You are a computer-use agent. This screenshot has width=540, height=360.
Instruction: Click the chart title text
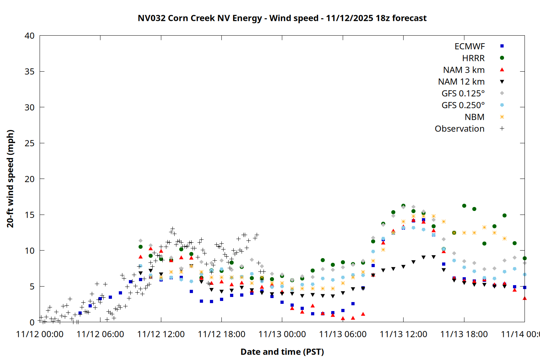282,18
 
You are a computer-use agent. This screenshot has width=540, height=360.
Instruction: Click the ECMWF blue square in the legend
502,46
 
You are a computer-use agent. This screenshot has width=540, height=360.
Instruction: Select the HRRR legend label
473,58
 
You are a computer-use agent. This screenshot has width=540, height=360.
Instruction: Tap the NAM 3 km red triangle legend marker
502,69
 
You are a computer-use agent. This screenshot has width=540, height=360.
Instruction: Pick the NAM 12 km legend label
461,82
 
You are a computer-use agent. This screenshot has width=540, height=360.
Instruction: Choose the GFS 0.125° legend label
463,94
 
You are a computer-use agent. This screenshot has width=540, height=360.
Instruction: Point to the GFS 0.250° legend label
463,105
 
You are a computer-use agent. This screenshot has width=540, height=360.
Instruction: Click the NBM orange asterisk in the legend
502,117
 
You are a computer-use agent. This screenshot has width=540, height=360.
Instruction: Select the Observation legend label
459,129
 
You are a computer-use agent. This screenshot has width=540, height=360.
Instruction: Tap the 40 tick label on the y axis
30,36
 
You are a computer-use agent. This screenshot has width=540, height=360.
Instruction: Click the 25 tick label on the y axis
30,143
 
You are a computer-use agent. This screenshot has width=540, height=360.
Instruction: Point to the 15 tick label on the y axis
30,215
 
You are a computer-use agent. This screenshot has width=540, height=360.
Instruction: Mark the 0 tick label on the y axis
32,322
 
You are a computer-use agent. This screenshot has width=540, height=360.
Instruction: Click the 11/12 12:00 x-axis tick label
161,334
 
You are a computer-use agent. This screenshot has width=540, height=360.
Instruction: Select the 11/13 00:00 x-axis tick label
282,334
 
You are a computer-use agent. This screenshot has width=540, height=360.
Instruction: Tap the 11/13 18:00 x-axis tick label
464,334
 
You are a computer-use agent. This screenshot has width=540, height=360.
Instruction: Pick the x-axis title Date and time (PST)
282,352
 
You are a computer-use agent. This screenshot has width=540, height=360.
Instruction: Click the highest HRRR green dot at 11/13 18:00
464,206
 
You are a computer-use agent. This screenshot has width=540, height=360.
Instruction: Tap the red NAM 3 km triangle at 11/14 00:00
525,298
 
